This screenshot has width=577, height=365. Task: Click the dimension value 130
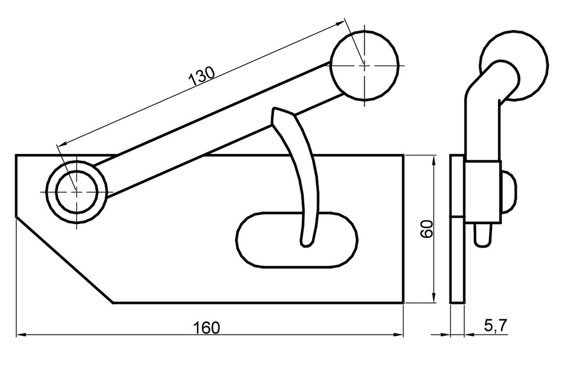(201, 77)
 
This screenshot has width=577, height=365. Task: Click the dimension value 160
(206, 327)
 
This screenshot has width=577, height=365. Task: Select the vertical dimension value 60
(427, 229)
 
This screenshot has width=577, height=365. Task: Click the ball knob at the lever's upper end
(365, 65)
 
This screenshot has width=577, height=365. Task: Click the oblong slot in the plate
(265, 240)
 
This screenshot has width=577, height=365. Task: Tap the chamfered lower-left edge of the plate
(65, 260)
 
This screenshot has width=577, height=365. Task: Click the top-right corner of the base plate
(404, 155)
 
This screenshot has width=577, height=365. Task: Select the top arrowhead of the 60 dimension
(433, 161)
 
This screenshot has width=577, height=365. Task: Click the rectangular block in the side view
(483, 191)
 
